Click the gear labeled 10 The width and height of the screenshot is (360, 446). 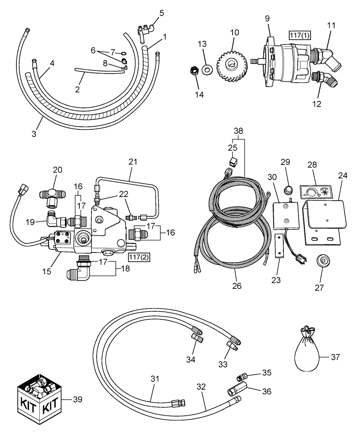tap(232, 64)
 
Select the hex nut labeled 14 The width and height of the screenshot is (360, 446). tap(194, 70)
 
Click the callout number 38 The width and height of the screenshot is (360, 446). tap(239, 131)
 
